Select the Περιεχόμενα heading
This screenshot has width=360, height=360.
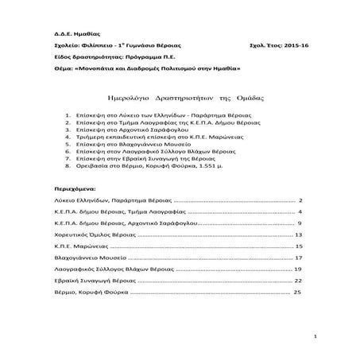(69, 189)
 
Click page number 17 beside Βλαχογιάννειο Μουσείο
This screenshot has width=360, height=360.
(298, 258)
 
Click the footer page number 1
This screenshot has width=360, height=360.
(315, 337)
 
